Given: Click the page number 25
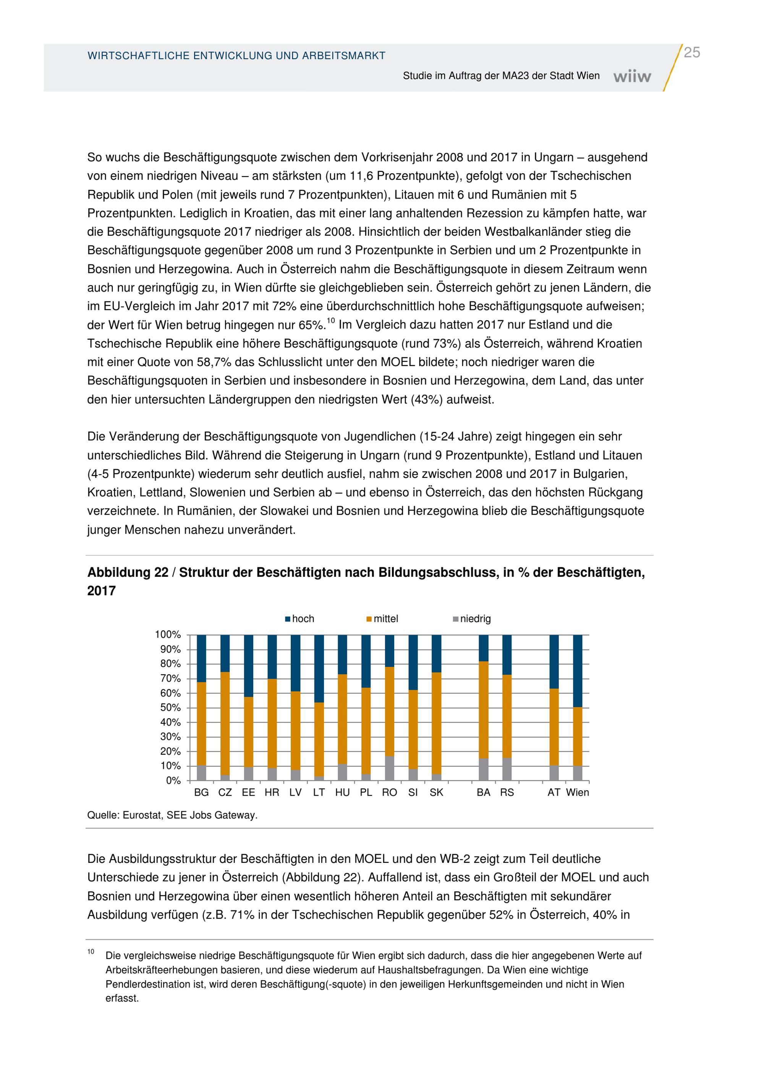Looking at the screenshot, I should tap(691, 53).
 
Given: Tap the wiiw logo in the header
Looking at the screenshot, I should tap(632, 76).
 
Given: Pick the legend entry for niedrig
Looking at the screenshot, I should tap(472, 619).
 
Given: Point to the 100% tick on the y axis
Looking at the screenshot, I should tap(168, 635).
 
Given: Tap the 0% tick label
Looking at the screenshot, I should tap(173, 781).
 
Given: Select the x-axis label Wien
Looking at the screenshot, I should tap(578, 792).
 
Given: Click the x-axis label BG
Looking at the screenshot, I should tap(201, 792).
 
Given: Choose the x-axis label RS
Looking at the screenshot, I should tap(507, 792).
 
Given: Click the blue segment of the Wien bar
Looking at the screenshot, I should tap(578, 671).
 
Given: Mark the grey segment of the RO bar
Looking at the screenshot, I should tap(390, 769).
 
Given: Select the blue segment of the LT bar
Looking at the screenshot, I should tap(319, 668).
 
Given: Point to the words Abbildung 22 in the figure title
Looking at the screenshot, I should tap(128, 573).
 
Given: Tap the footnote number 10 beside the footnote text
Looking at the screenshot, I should tap(91, 952).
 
